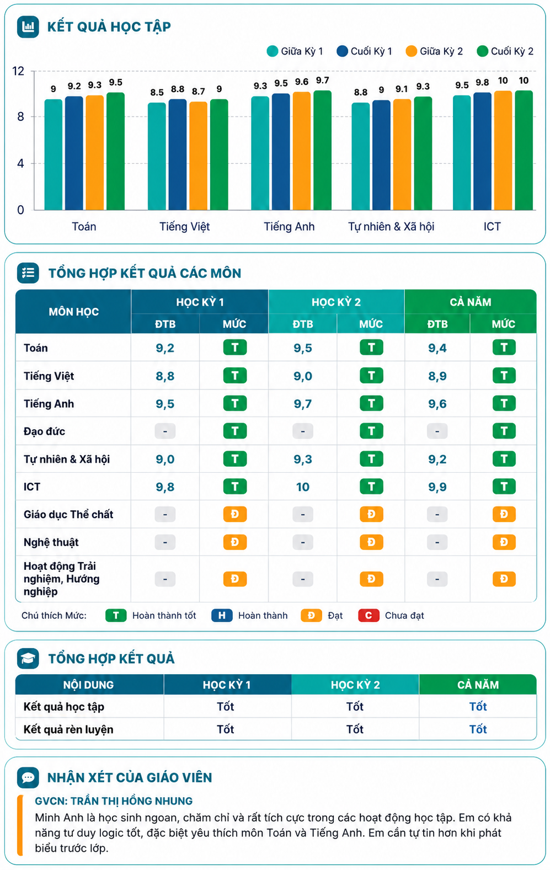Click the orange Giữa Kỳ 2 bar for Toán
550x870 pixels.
95,153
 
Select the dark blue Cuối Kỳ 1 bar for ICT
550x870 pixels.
482,151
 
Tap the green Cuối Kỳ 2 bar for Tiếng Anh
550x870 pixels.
322,150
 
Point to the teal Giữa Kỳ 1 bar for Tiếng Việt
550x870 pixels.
157,157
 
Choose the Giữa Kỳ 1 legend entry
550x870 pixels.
295,51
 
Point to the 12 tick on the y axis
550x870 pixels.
18,71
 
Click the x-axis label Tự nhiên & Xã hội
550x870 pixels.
391,226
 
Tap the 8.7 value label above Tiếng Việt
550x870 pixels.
198,91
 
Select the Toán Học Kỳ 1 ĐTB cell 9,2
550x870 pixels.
165,348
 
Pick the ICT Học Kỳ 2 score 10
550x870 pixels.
303,487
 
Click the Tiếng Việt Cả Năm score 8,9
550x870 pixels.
437,376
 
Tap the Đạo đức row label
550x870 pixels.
44,431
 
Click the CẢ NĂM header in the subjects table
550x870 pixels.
471,302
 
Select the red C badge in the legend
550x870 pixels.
369,615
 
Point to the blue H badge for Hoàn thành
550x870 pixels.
222,615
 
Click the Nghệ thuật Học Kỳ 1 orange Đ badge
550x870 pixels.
235,542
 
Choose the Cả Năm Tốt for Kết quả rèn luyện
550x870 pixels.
478,729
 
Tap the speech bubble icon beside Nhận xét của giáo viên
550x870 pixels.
28,777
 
